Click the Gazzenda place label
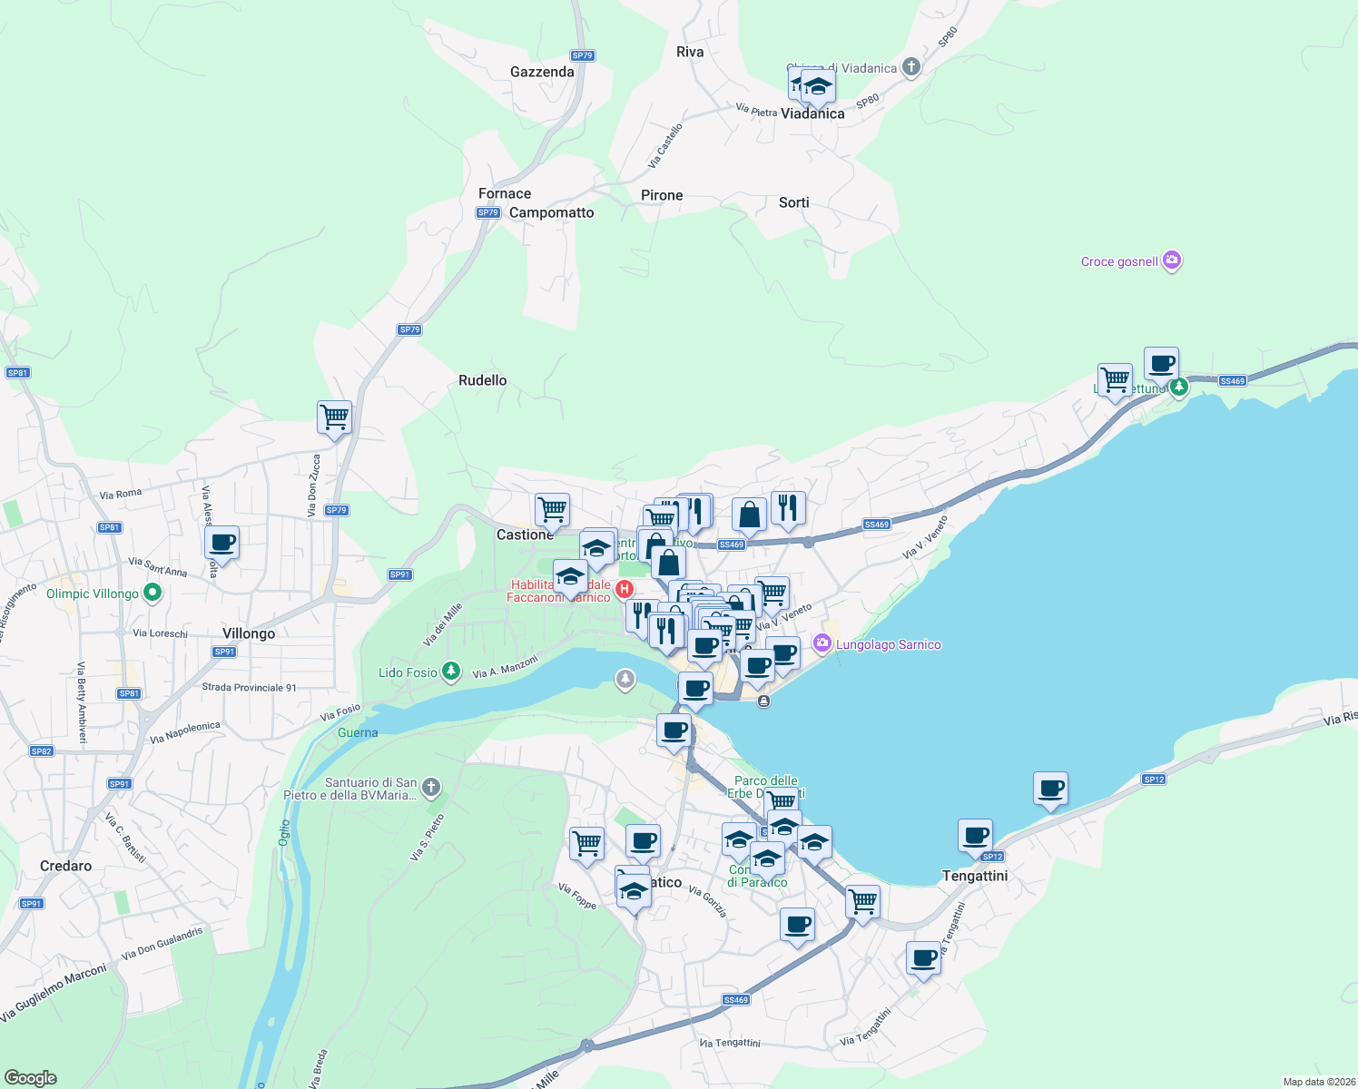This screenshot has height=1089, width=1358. pos(542,72)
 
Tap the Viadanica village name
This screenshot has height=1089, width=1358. pos(812,113)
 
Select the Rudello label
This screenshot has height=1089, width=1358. pos(482,380)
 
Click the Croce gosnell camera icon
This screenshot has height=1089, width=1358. pos(1172,260)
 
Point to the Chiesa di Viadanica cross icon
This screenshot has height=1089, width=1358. pos(911,67)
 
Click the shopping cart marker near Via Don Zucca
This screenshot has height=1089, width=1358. pos(334,417)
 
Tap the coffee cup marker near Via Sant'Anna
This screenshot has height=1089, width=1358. pos(221,544)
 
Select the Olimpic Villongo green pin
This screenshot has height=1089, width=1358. pos(153,594)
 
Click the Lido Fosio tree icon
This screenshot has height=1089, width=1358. pos(451,672)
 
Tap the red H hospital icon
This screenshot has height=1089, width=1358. pos(625,589)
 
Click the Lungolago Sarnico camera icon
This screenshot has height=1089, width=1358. pos(822,643)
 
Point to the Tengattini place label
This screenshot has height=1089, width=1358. pos(975,876)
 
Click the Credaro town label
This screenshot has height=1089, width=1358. pos(65,866)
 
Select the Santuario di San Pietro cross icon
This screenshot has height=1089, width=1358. pos(431,787)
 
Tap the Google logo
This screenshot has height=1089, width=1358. pos(30,1077)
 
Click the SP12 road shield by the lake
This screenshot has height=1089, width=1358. pos(1153,780)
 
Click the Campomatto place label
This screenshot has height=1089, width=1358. pos(551,212)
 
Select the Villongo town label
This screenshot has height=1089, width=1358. pos(248,633)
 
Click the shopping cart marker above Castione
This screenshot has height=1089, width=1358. pos(552,509)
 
